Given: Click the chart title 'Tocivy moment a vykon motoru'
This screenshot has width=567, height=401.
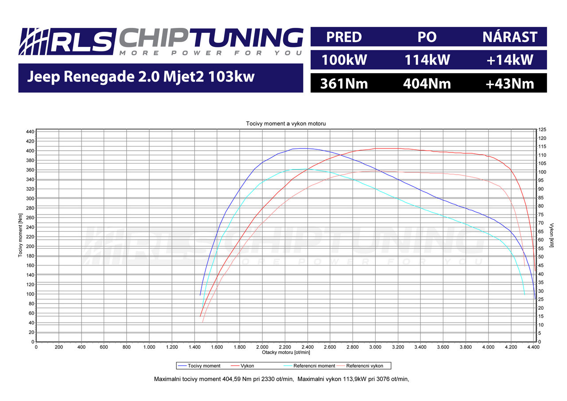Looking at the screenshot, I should coord(286,124).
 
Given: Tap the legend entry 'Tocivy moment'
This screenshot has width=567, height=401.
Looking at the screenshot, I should coord(204,366).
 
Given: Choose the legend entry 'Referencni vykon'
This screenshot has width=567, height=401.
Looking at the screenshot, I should coord(365,366).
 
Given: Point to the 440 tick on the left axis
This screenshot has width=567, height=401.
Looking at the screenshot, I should coord(30,132).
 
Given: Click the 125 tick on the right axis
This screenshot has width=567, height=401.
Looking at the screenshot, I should coord(542,129).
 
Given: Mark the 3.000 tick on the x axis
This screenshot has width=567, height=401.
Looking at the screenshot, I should coord(375,347).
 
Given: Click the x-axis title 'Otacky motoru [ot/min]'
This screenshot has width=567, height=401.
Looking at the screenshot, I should coord(286,352).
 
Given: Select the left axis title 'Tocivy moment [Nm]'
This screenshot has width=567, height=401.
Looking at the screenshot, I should coord(21,236).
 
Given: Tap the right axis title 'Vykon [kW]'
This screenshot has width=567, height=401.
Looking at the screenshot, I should coord(551,236).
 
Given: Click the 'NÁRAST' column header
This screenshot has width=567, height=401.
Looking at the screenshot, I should coord(510,37).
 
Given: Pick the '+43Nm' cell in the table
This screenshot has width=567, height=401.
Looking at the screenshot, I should coord(510,83).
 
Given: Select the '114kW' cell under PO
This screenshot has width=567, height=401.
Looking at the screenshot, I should coord(427,60).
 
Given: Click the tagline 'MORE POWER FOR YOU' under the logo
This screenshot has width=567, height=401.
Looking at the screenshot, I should coord(210,53).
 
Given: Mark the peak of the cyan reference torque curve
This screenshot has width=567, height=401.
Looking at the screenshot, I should coord(301,169).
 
